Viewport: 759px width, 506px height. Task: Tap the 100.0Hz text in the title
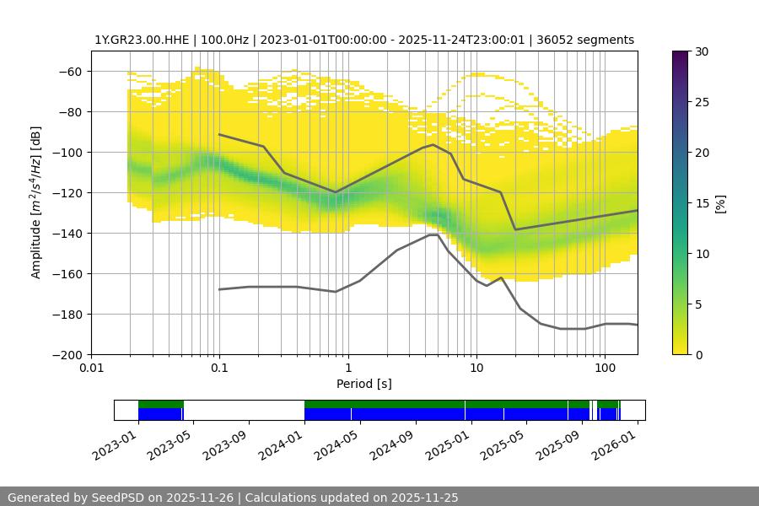click(x=226, y=40)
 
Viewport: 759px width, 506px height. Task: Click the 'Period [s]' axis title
click(x=363, y=384)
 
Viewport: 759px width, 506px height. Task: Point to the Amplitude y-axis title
click(x=36, y=202)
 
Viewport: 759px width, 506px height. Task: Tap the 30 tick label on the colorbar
click(x=702, y=51)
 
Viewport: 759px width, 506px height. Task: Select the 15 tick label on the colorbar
click(x=702, y=203)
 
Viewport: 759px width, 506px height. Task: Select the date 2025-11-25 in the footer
click(x=420, y=498)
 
